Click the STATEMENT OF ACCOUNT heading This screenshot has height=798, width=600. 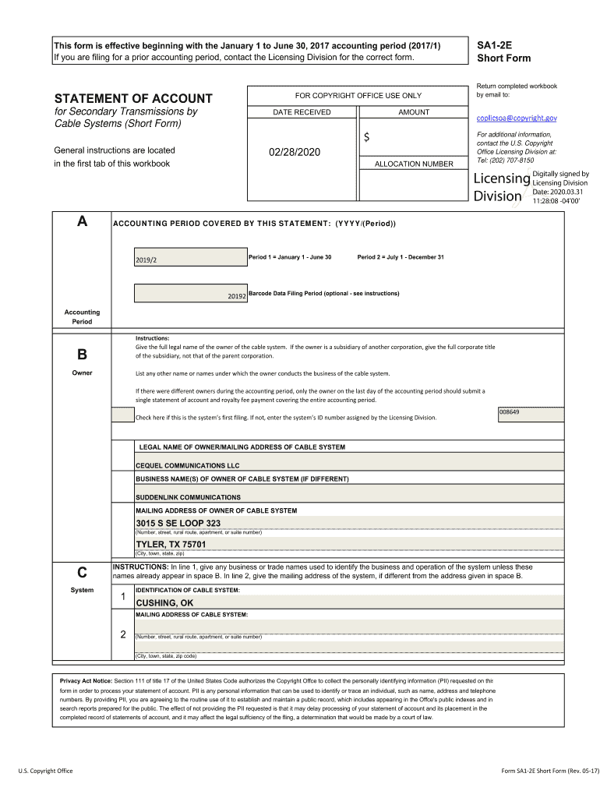[132, 98]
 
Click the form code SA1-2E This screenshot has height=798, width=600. [493, 46]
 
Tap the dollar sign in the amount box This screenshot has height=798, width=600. [366, 138]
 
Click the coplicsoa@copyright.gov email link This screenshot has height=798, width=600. [517, 118]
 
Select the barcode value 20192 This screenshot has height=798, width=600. [237, 296]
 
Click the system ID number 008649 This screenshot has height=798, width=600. [510, 411]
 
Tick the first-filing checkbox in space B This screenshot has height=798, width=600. [122, 415]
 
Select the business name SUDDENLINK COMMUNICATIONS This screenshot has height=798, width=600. [188, 497]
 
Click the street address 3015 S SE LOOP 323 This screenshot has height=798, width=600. [178, 523]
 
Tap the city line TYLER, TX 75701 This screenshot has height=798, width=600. [171, 544]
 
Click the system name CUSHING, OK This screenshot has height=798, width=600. [164, 603]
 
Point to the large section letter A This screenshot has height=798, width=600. [82, 222]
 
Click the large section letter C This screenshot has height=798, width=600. [82, 571]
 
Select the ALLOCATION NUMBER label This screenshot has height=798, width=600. [413, 164]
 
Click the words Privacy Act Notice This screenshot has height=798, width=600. [86, 680]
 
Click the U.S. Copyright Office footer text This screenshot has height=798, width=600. [46, 771]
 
